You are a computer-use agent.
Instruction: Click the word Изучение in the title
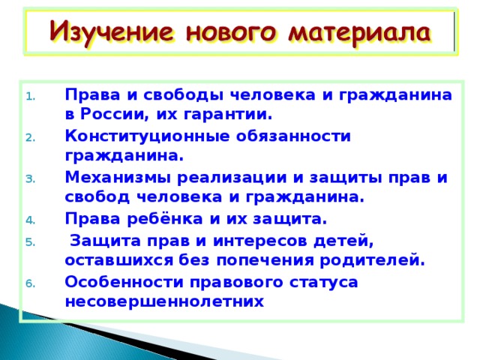pyautogui.click(x=112, y=33)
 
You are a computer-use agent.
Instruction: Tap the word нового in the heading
pyautogui.click(x=231, y=32)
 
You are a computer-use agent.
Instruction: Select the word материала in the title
pyautogui.click(x=360, y=33)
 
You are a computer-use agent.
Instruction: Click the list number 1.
pyautogui.click(x=31, y=97)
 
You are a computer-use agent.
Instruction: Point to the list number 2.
pyautogui.click(x=31, y=138)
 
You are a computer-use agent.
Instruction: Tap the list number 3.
pyautogui.click(x=31, y=179)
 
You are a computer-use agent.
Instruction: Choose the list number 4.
pyautogui.click(x=31, y=220)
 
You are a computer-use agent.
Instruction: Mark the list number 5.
pyautogui.click(x=31, y=242)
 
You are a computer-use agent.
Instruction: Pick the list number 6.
pyautogui.click(x=31, y=283)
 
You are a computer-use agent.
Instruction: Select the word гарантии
pyautogui.click(x=228, y=115)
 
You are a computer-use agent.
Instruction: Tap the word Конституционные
pyautogui.click(x=147, y=136)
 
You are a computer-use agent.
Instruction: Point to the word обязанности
pyautogui.click(x=293, y=136)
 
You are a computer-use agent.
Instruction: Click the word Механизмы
pyautogui.click(x=118, y=178)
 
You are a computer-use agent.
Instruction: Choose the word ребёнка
pyautogui.click(x=165, y=218)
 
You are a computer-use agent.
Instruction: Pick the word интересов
pyautogui.click(x=260, y=241)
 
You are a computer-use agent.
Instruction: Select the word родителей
pyautogui.click(x=373, y=260)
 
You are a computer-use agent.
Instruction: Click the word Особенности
pyautogui.click(x=124, y=282)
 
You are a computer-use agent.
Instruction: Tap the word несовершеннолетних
pyautogui.click(x=164, y=301)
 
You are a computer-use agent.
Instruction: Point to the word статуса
pyautogui.click(x=323, y=283)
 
